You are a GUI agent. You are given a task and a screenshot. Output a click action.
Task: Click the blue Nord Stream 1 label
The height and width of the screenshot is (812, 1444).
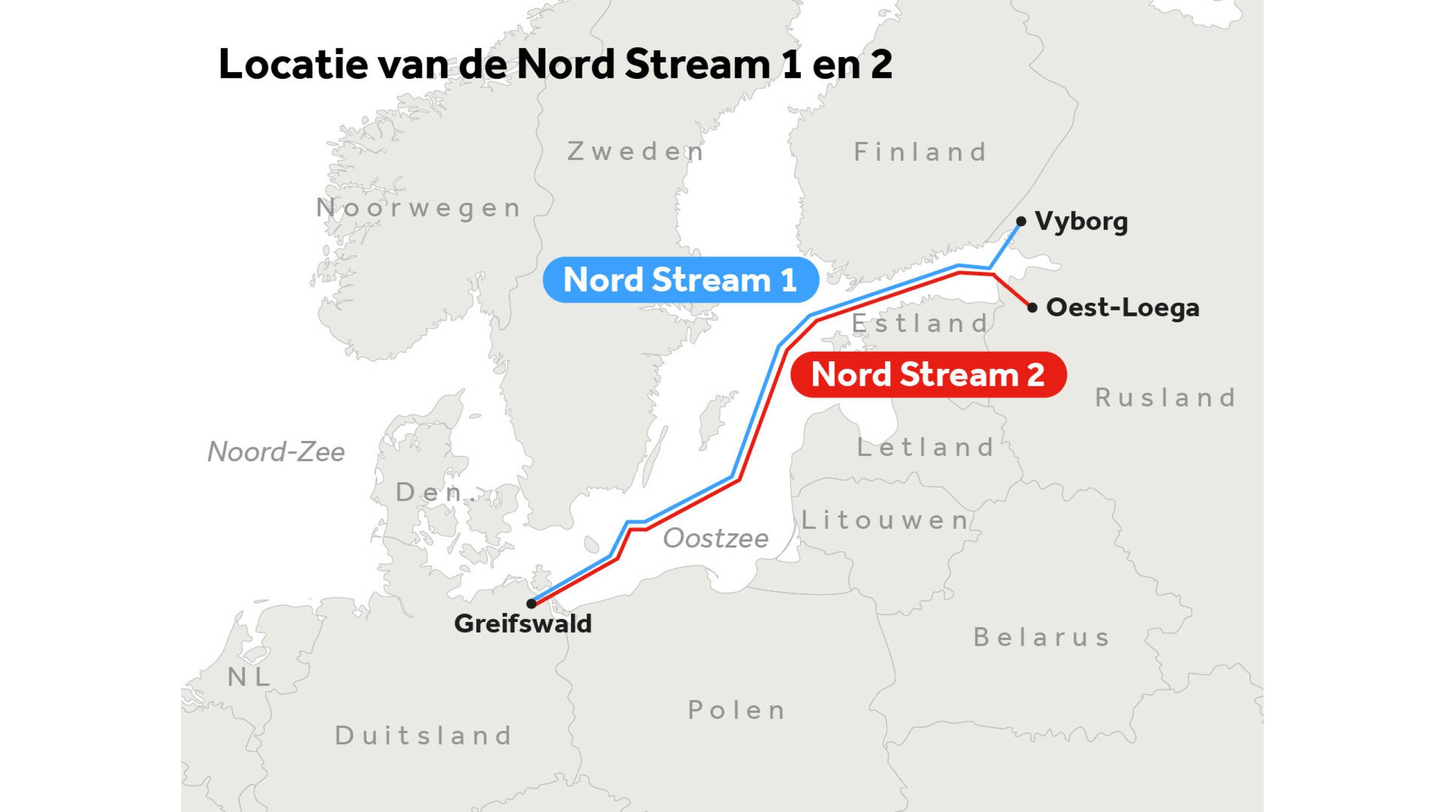click(x=680, y=280)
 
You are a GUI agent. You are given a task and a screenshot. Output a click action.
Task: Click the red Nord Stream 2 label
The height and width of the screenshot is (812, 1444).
click(x=928, y=374)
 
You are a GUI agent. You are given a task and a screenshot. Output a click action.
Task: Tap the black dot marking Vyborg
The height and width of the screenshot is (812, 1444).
click(x=1021, y=222)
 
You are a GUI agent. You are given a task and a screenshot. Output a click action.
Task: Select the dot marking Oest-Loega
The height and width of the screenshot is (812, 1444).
click(x=1032, y=307)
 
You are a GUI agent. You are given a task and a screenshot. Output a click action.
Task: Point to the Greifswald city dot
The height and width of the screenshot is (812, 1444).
click(x=531, y=603)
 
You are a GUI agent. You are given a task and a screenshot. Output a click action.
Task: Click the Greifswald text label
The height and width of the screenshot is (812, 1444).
click(x=523, y=624)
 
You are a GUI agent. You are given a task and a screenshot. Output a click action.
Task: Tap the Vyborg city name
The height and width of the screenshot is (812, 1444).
click(x=1081, y=222)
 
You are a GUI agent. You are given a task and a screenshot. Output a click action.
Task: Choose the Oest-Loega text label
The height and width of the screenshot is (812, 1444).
click(x=1122, y=308)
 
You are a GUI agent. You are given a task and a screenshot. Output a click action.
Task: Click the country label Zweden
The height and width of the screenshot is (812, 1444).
click(x=636, y=152)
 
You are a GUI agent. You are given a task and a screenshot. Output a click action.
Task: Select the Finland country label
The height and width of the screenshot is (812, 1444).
click(x=921, y=152)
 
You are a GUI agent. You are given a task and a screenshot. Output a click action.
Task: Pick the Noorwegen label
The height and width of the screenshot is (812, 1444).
click(x=419, y=208)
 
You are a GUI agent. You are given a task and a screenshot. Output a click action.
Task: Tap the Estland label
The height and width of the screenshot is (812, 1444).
click(x=921, y=324)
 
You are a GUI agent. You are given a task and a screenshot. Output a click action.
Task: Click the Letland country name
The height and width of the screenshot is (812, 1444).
click(x=925, y=448)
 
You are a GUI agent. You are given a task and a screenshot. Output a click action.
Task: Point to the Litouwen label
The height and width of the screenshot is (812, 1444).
click(x=885, y=520)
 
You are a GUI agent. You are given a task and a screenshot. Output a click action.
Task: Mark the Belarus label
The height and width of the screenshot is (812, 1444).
click(x=1042, y=638)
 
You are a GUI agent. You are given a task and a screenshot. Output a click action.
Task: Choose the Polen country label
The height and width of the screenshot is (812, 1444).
click(x=737, y=710)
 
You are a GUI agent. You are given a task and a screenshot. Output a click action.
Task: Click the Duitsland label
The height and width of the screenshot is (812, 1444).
click(x=424, y=736)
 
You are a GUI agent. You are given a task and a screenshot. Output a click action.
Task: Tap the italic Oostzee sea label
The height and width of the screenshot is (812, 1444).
click(x=716, y=539)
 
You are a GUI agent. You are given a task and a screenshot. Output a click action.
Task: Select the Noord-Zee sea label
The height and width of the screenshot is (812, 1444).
click(x=276, y=452)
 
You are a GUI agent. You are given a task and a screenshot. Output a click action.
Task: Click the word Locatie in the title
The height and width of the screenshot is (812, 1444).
click(x=293, y=64)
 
